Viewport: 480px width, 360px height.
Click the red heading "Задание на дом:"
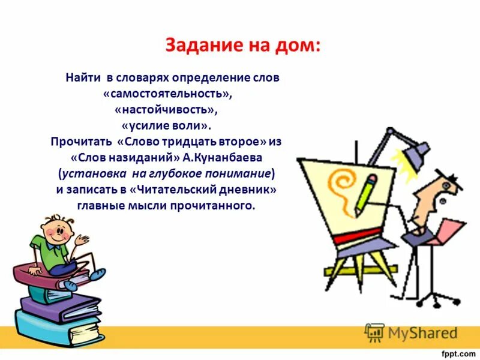click(x=243, y=46)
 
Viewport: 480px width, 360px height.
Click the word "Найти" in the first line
click(x=84, y=78)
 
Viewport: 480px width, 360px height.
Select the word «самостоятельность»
click(x=167, y=95)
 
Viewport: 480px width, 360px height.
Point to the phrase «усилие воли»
click(x=166, y=127)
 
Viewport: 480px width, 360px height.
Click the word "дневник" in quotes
click(x=250, y=190)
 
